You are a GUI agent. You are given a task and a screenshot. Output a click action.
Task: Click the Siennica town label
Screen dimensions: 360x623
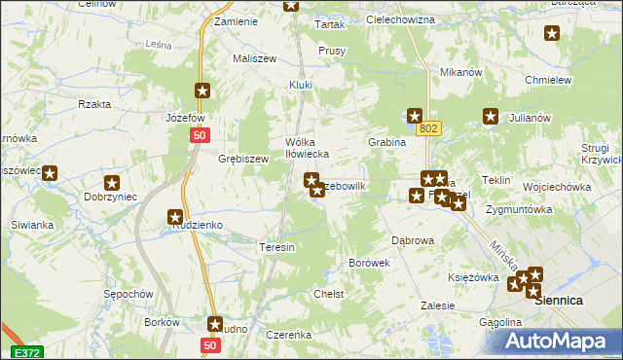562,302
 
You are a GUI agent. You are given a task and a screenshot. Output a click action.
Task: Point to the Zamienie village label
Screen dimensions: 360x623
236,21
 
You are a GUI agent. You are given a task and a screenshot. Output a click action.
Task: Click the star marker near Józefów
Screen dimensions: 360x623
202,91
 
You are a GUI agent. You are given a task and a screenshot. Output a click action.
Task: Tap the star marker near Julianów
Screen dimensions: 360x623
491,118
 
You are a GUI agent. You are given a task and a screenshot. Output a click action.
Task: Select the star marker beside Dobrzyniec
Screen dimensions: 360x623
112,182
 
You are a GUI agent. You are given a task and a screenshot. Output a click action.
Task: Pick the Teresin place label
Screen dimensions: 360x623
276,248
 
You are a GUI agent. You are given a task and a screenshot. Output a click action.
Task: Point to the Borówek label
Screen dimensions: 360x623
369,263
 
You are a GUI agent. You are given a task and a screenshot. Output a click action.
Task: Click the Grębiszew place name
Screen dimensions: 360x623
242,159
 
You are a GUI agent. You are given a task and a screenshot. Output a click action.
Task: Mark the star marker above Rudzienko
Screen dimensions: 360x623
175,218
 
